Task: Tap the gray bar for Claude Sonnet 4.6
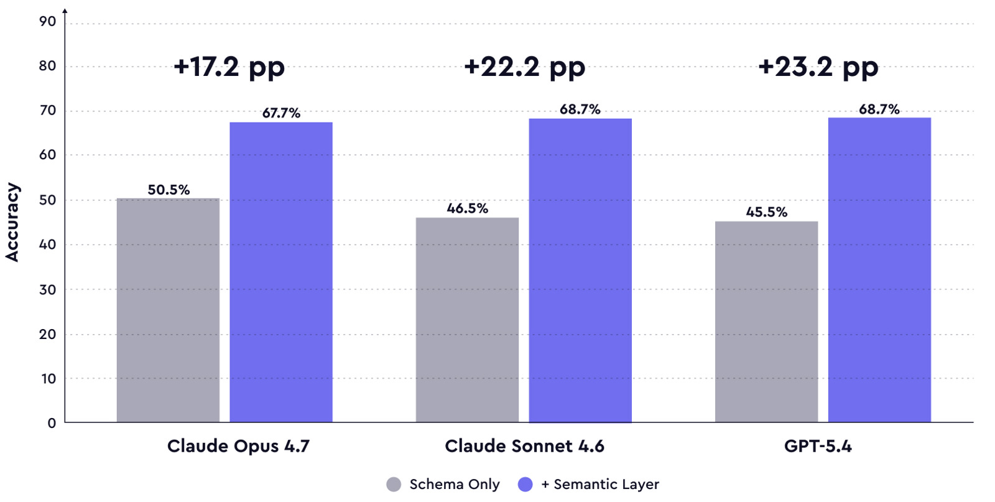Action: pyautogui.click(x=467, y=320)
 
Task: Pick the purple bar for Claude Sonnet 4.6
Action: pyautogui.click(x=580, y=270)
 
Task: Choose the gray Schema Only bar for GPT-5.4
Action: pyautogui.click(x=766, y=322)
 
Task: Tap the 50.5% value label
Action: pyautogui.click(x=169, y=190)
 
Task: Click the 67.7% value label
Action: pyautogui.click(x=281, y=113)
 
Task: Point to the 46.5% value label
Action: pyautogui.click(x=468, y=208)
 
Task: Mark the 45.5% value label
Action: pyautogui.click(x=767, y=212)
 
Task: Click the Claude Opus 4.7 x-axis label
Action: pyautogui.click(x=238, y=446)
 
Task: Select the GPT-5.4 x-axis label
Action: pyautogui.click(x=818, y=446)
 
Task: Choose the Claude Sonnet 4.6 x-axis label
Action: pyautogui.click(x=524, y=446)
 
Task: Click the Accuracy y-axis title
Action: pyautogui.click(x=12, y=222)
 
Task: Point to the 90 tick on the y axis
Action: pyautogui.click(x=47, y=22)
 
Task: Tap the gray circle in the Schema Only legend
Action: pyautogui.click(x=394, y=485)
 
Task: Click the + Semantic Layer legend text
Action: pyautogui.click(x=600, y=485)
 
